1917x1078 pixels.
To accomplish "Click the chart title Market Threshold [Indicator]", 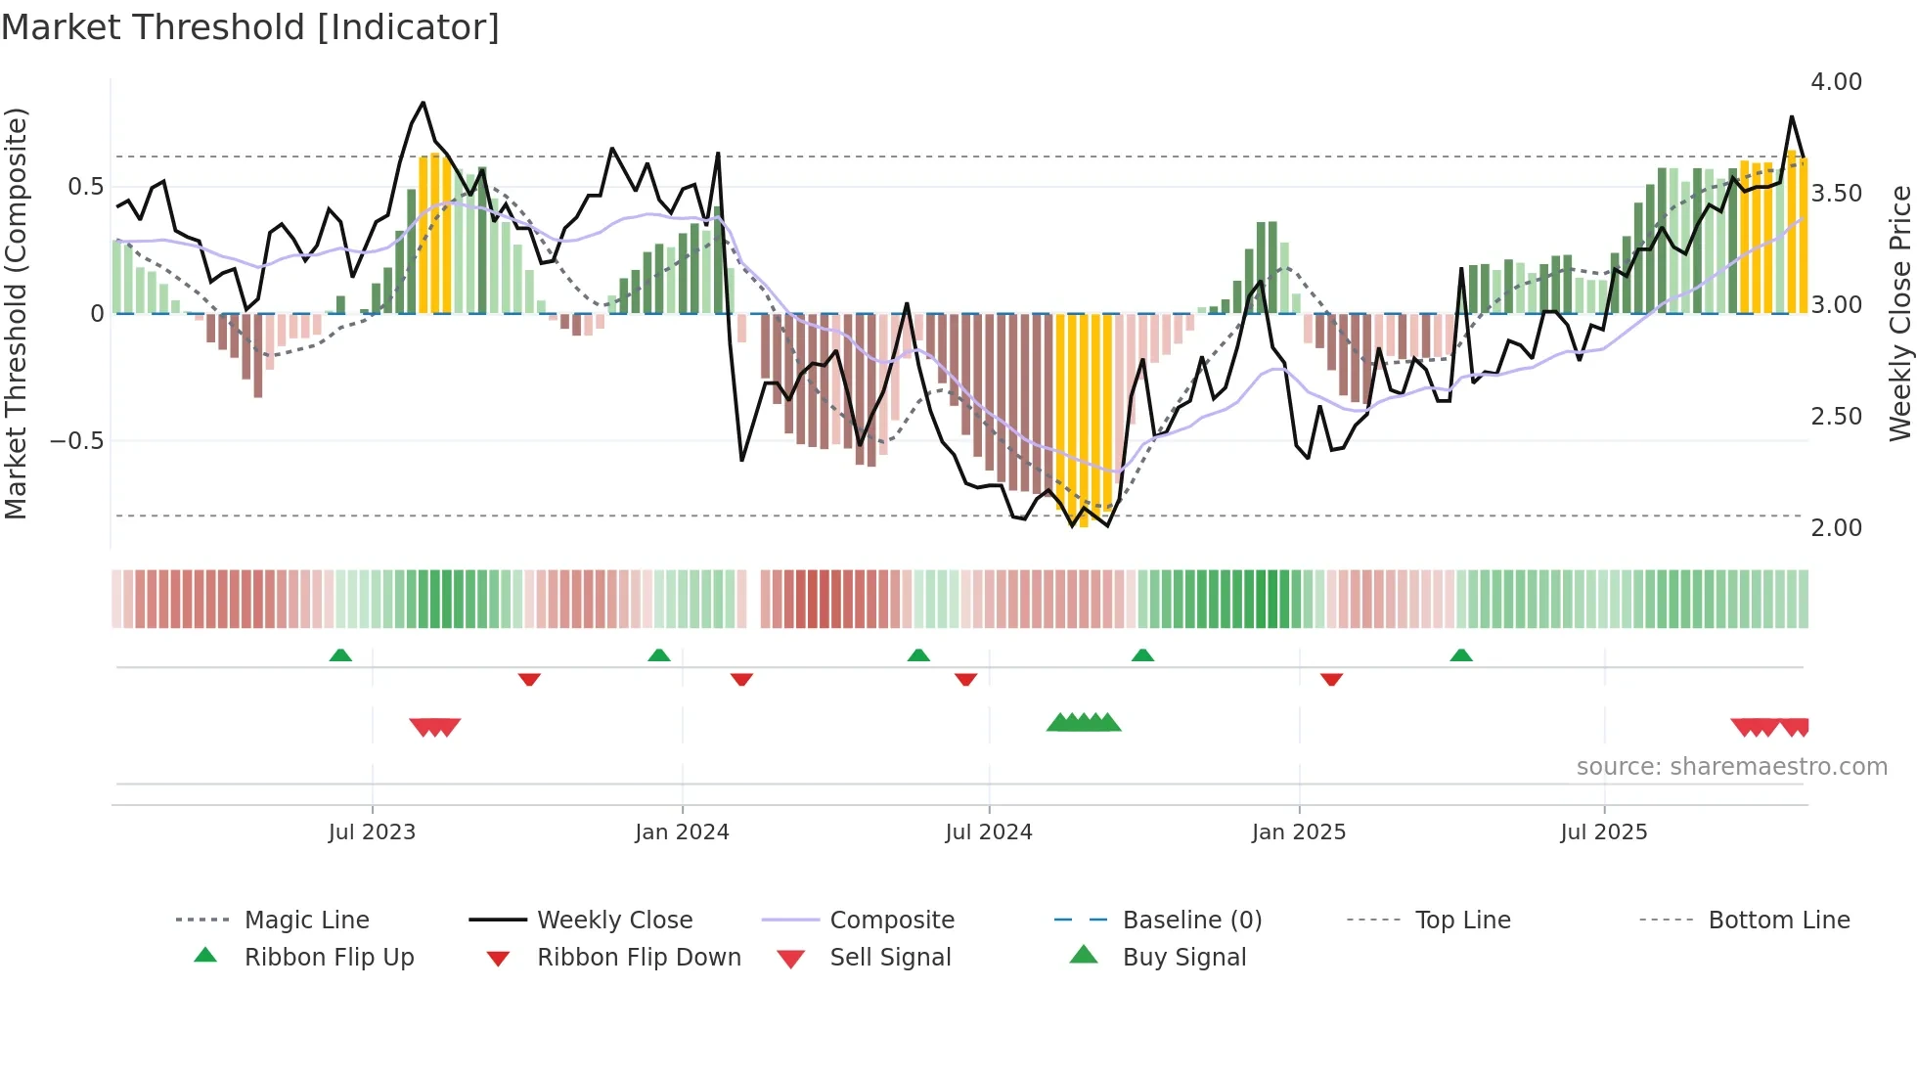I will [x=250, y=27].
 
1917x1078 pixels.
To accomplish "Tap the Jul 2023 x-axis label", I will [x=372, y=832].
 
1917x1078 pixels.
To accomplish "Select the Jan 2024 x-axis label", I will [x=682, y=832].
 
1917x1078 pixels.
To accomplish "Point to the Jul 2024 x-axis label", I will [x=988, y=832].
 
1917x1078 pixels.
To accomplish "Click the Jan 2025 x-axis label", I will [x=1298, y=832].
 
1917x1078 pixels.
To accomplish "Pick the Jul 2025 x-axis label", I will [x=1603, y=832].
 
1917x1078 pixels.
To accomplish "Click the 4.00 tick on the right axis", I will [x=1836, y=82].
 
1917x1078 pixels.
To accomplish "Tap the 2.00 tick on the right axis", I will [x=1836, y=528].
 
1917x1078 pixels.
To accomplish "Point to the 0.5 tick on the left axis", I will [x=85, y=187].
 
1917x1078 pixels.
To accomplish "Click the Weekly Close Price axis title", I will [x=1899, y=313].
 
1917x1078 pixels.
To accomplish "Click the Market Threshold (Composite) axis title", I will [x=16, y=313].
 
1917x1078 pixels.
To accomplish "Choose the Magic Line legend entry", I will [x=306, y=921].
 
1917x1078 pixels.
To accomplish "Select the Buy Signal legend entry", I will [x=1183, y=958].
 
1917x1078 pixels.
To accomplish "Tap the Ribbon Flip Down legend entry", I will [x=639, y=958].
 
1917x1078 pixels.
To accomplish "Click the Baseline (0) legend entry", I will [x=1191, y=921].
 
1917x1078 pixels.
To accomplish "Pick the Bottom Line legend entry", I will [x=1778, y=921].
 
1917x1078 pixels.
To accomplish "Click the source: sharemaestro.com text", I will [x=1731, y=767].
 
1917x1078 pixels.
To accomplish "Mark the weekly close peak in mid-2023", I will [x=423, y=102].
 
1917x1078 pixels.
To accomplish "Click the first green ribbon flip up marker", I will [x=340, y=654].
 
